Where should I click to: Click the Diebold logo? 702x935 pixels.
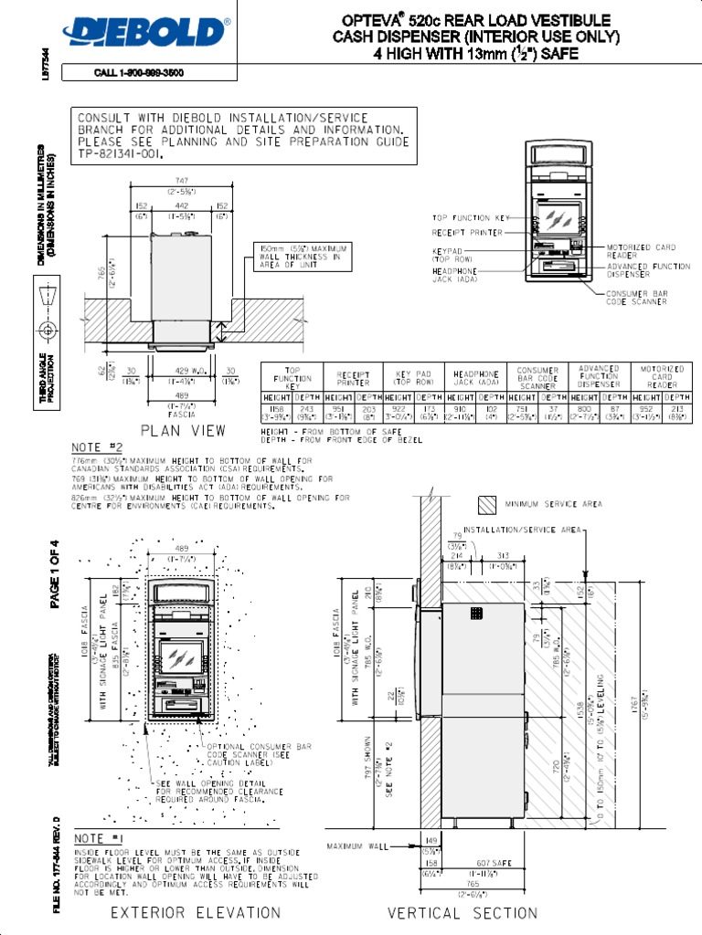point(147,34)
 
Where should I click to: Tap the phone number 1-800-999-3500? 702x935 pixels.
point(146,72)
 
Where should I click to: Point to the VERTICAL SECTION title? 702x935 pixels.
point(463,912)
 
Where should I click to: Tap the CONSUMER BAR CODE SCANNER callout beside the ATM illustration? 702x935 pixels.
point(637,298)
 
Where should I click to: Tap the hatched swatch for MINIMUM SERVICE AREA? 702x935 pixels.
point(488,503)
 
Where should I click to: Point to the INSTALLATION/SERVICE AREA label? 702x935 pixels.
point(521,529)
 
